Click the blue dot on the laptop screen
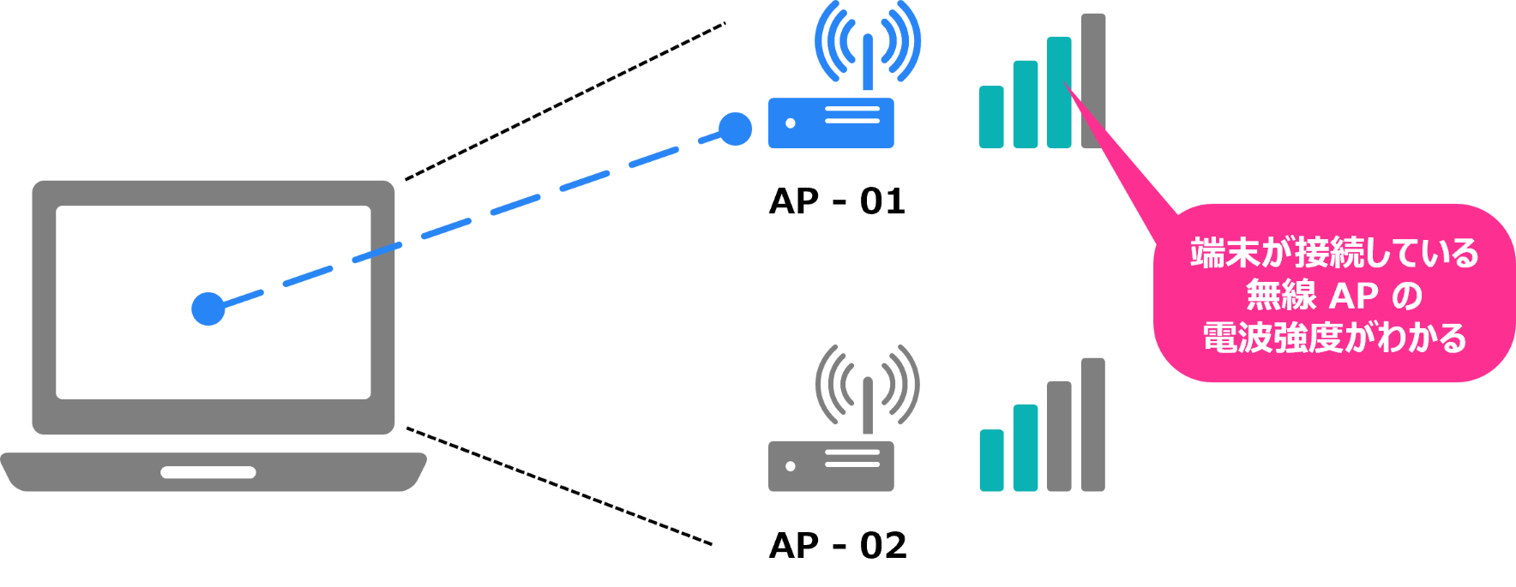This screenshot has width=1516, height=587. [x=208, y=308]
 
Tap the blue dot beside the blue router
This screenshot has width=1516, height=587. [x=735, y=129]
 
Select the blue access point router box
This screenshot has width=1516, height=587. [x=831, y=123]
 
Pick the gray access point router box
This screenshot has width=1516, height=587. [x=831, y=466]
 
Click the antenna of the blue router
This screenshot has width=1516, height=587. [x=868, y=63]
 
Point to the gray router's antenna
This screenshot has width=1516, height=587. [x=868, y=405]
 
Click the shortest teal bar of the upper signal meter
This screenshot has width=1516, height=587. [x=991, y=117]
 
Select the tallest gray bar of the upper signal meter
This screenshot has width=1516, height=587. [x=1093, y=81]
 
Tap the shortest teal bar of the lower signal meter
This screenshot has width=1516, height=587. [x=991, y=460]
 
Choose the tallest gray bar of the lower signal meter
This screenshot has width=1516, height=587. [x=1093, y=424]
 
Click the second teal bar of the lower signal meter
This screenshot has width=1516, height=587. [x=1026, y=447]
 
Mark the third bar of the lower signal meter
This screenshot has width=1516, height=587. [x=1059, y=436]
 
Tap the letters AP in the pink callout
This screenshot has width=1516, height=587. [x=1354, y=296]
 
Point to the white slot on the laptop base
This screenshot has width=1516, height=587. [x=208, y=472]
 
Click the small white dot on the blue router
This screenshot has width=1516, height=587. [x=791, y=123]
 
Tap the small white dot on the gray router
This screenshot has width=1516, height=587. [x=791, y=466]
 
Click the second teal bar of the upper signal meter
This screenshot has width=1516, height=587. [x=1026, y=105]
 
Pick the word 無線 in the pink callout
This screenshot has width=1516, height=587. [x=1280, y=296]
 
